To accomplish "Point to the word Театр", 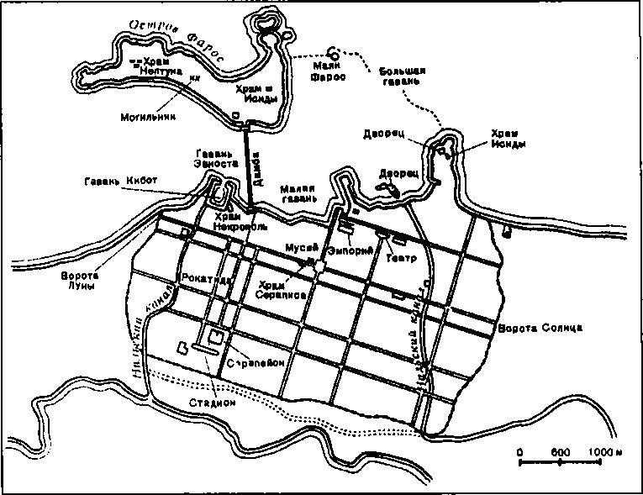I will coord(401,258).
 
